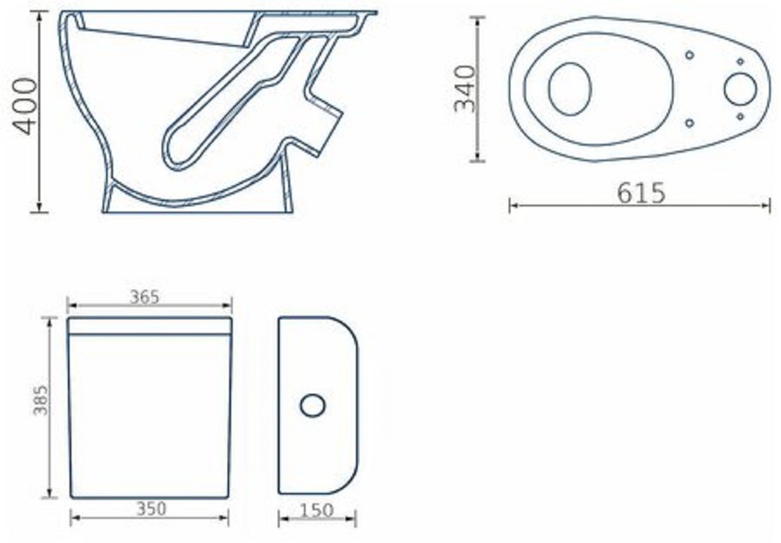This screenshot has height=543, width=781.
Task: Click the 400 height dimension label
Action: pyautogui.click(x=26, y=106)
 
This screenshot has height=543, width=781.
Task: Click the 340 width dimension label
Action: pyautogui.click(x=467, y=89)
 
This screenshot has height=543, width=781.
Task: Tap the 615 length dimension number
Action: pyautogui.click(x=641, y=193)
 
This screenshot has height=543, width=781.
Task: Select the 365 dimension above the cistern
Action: pyautogui.click(x=144, y=297)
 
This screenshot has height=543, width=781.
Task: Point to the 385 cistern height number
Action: pyautogui.click(x=40, y=399)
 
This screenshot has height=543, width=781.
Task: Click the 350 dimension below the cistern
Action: pyautogui.click(x=151, y=508)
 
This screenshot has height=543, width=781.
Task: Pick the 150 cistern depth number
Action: pyautogui.click(x=317, y=510)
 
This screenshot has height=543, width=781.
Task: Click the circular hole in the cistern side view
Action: pyautogui.click(x=313, y=405)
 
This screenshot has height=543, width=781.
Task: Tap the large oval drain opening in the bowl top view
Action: pyautogui.click(x=570, y=89)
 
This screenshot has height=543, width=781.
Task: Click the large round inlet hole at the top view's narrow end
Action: pyautogui.click(x=740, y=89)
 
